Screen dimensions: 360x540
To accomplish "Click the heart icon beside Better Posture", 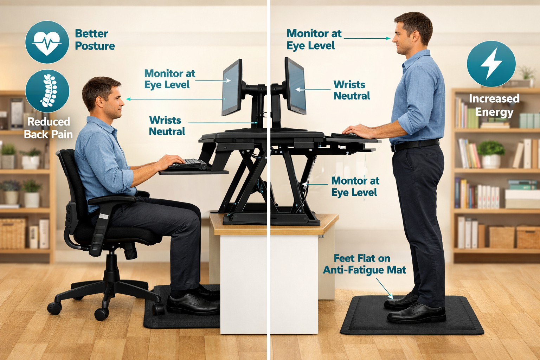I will [47, 42].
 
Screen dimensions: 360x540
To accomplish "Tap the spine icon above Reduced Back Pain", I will [47, 91].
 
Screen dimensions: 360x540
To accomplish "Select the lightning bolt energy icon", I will [491, 64].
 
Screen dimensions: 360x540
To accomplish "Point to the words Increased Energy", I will [494, 105].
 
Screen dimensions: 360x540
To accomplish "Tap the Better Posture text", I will [95, 40].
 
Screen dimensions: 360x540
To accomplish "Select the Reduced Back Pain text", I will [49, 128].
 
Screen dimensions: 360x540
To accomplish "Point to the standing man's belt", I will [415, 144].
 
